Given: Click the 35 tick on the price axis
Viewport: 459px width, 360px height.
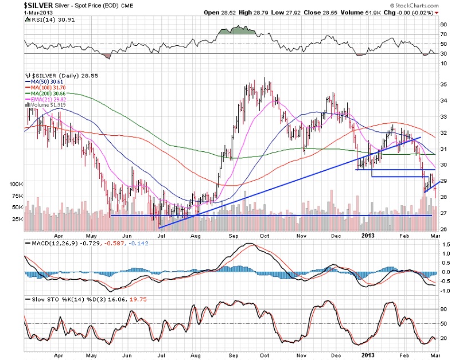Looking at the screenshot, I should click(x=442, y=85).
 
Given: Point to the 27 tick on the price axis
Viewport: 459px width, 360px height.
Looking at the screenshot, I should click(x=442, y=213).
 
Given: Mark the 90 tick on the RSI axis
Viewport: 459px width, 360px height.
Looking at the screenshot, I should click(x=442, y=25).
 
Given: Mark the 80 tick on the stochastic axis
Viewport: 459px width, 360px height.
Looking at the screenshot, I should click(x=442, y=309).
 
